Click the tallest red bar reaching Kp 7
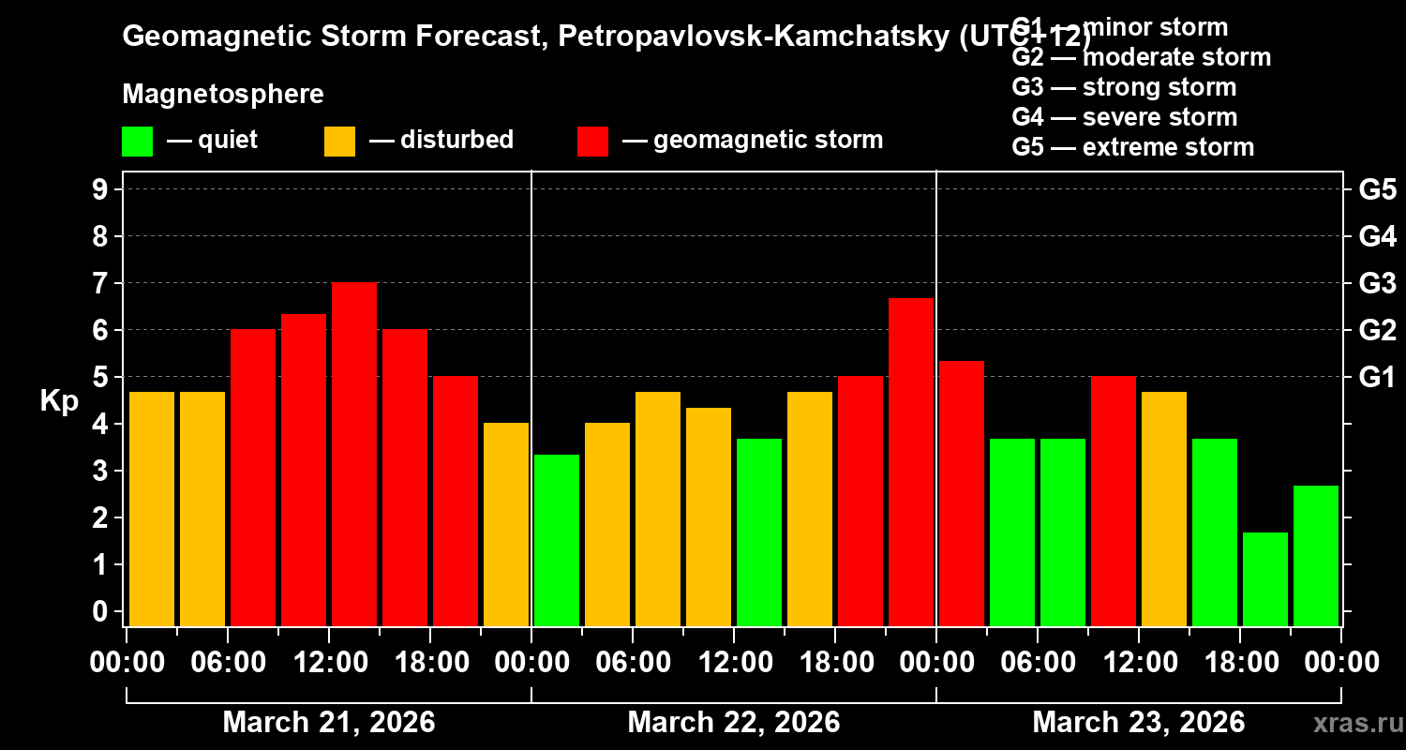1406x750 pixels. (354, 454)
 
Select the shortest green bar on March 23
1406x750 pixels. (1265, 578)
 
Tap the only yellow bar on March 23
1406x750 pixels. (1164, 508)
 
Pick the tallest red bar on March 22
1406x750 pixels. (911, 461)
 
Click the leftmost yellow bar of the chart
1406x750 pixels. (152, 508)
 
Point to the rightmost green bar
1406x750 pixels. (1316, 555)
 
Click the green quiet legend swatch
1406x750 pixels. (137, 141)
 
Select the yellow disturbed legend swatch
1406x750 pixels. (339, 141)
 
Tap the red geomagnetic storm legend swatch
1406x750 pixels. (592, 141)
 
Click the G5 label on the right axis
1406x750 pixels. (1377, 190)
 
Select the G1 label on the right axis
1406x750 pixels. (1377, 378)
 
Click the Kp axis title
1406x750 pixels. (59, 400)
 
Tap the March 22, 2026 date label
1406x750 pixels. (733, 723)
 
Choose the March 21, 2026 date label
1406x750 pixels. (328, 723)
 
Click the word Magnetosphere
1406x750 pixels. (223, 95)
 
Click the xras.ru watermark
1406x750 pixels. (1352, 723)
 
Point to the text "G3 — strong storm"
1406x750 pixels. (1124, 87)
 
